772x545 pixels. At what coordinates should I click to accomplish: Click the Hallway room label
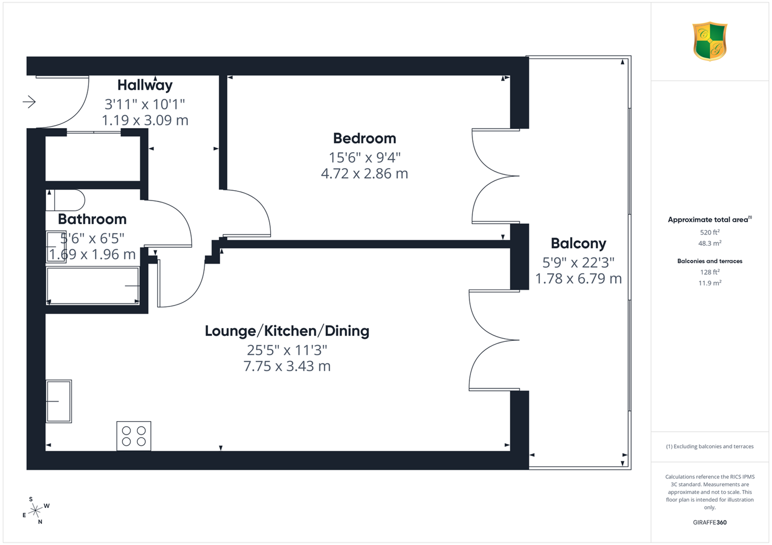(145, 85)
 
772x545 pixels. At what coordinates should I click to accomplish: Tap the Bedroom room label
(364, 138)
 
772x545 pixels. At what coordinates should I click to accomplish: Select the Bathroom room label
(92, 219)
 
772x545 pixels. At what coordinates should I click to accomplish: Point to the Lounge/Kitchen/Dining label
(287, 331)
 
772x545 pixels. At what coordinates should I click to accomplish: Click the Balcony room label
(578, 244)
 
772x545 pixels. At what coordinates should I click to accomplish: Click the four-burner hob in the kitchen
(134, 436)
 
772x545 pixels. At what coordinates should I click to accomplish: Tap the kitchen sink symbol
(59, 402)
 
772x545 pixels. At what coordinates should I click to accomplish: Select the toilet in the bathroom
(65, 200)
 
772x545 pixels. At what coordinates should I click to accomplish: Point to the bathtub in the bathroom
(93, 286)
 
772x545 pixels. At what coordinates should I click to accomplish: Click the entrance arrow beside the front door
(29, 102)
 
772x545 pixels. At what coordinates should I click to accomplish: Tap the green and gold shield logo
(710, 41)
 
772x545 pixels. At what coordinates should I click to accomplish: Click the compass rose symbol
(36, 510)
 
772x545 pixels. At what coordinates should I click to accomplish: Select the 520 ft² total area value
(710, 232)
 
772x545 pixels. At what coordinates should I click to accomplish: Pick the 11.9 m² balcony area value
(710, 283)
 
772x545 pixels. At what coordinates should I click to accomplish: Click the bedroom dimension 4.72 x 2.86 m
(364, 173)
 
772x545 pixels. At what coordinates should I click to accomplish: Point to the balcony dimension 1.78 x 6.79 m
(578, 279)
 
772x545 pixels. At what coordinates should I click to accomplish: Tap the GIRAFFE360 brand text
(710, 522)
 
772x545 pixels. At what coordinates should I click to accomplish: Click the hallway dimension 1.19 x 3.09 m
(145, 120)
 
